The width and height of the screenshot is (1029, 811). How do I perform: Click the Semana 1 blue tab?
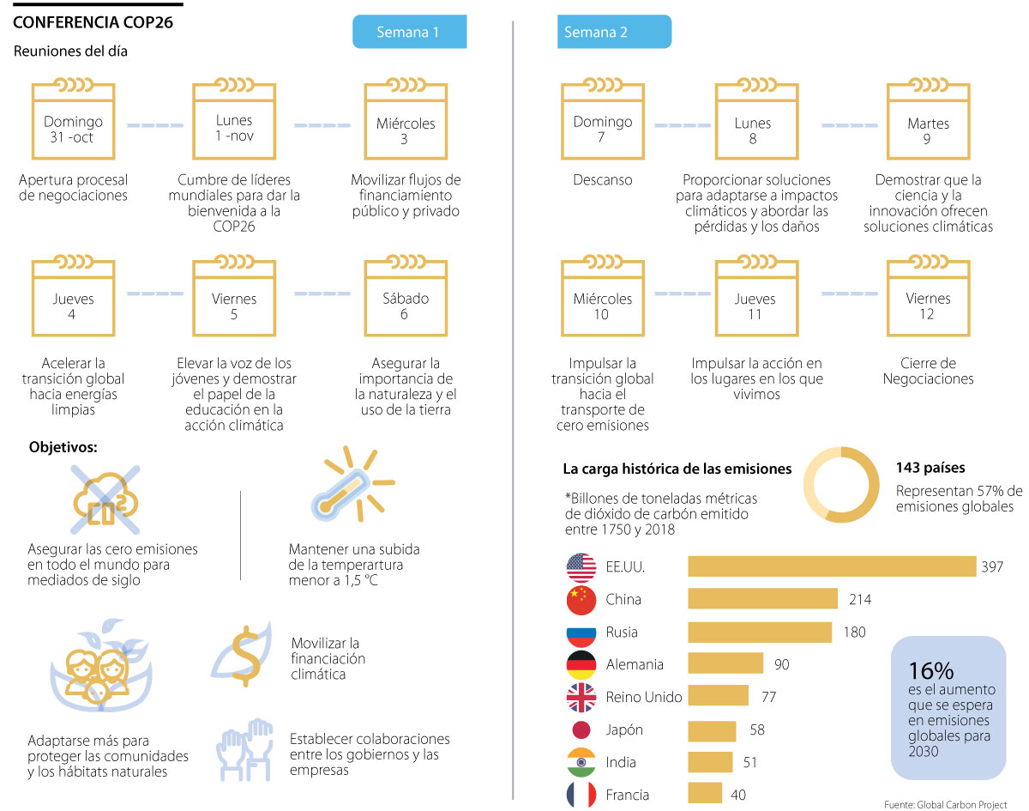click(409, 33)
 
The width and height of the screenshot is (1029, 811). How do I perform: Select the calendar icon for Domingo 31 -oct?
click(73, 121)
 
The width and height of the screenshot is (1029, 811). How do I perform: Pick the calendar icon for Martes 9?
click(928, 121)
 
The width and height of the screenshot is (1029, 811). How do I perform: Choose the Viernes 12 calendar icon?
click(928, 297)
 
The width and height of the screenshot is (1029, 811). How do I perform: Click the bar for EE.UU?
click(832, 566)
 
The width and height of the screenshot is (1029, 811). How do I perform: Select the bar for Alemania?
click(725, 663)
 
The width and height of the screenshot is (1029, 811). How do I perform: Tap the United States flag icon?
click(581, 567)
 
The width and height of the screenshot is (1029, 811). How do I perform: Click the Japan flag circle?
click(581, 729)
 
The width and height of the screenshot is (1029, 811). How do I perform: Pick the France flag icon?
click(581, 795)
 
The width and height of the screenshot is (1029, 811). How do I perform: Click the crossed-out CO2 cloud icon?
click(101, 499)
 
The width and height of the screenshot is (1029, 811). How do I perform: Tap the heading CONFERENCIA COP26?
click(93, 22)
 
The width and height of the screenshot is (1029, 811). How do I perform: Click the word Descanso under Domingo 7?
click(603, 180)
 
